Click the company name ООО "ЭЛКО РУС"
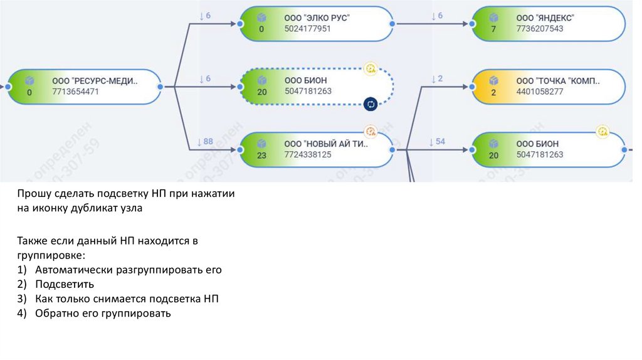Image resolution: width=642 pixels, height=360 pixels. (317, 18)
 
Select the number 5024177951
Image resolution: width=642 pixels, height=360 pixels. (307, 29)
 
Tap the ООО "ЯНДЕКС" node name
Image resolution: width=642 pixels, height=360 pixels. (545, 18)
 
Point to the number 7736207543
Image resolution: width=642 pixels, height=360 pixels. (540, 29)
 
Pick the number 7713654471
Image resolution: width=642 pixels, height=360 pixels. (76, 92)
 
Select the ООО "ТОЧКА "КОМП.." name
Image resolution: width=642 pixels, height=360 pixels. (558, 81)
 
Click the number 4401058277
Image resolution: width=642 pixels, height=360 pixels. (540, 92)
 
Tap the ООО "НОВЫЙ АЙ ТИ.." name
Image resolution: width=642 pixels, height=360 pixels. (327, 144)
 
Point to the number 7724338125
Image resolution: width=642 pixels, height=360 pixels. (307, 154)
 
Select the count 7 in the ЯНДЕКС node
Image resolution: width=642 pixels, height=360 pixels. (493, 29)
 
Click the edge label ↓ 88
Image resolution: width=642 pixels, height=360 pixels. (204, 141)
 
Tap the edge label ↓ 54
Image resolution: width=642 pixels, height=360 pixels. (436, 142)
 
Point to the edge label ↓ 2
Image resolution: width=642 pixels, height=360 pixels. (436, 79)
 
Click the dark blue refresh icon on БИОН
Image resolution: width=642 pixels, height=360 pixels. (370, 104)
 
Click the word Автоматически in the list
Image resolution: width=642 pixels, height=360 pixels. (75, 270)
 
